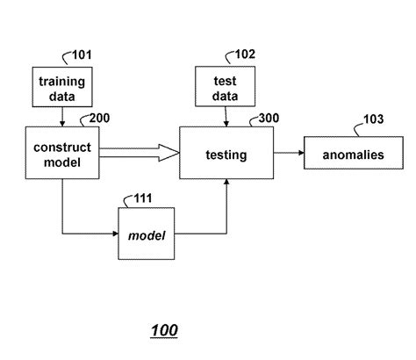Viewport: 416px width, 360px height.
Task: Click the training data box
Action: [x=61, y=88]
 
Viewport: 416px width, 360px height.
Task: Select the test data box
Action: [x=225, y=88]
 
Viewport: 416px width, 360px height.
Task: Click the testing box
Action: [x=226, y=154]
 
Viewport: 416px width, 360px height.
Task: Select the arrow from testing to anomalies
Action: [x=289, y=154]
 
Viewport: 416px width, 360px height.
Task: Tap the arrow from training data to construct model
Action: [x=61, y=116]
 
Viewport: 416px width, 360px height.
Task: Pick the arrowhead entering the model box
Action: [x=114, y=234]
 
